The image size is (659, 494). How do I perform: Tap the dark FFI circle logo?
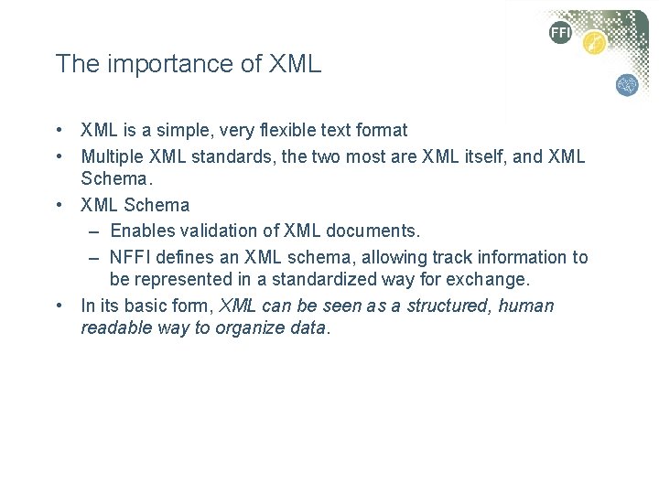pyautogui.click(x=560, y=33)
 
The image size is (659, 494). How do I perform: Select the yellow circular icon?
pyautogui.click(x=595, y=43)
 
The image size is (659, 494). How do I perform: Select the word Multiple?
pyautogui.click(x=113, y=156)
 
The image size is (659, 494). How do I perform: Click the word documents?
pyautogui.click(x=375, y=231)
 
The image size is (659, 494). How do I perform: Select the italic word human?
pyautogui.click(x=526, y=306)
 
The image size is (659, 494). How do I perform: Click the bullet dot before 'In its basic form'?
pyautogui.click(x=58, y=306)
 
